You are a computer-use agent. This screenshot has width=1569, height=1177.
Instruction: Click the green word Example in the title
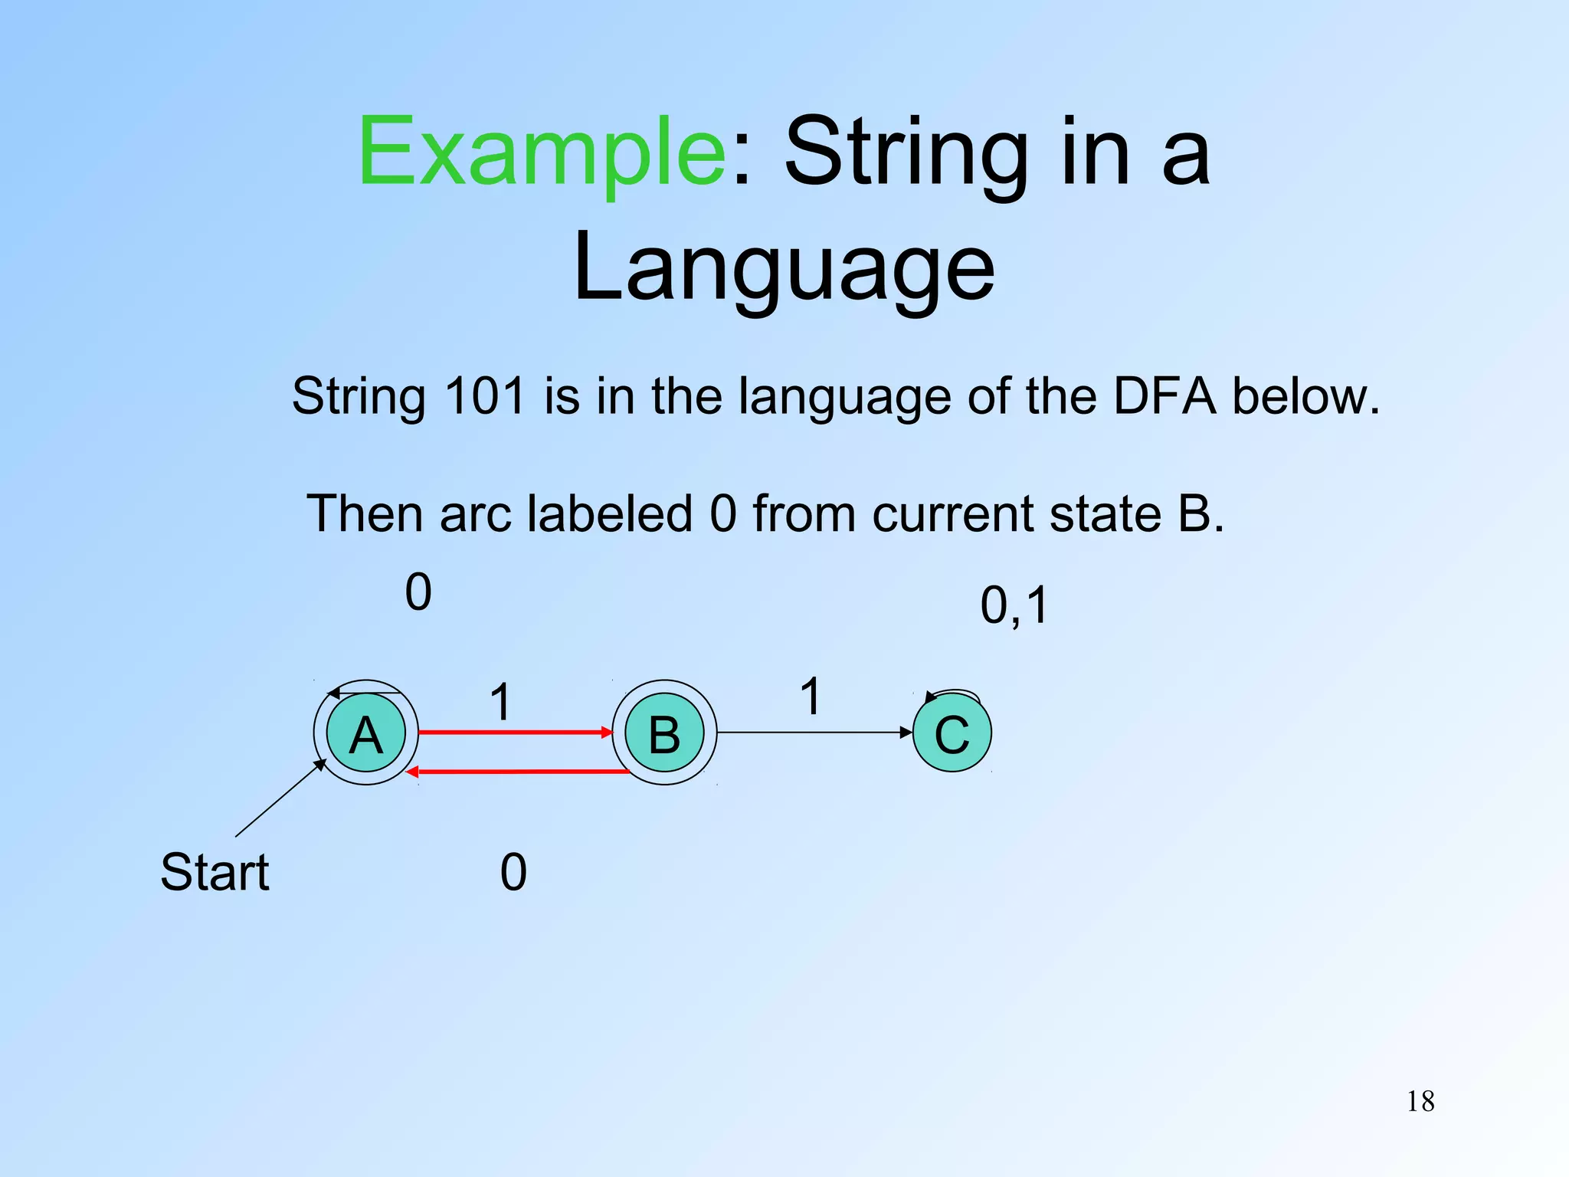541,152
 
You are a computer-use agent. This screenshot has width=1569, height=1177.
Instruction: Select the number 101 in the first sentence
484,396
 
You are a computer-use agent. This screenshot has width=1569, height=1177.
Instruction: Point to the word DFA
1164,396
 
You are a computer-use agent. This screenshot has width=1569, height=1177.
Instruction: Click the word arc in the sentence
475,513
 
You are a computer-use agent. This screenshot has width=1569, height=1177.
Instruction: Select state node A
366,733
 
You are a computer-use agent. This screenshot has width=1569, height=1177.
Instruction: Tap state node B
664,733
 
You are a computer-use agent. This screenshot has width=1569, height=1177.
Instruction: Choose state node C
952,733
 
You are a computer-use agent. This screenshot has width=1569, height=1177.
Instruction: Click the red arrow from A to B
515,733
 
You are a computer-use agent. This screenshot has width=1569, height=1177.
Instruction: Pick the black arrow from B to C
812,733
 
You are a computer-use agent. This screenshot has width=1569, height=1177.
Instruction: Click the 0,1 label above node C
1014,605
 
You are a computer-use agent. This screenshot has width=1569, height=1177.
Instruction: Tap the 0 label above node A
418,592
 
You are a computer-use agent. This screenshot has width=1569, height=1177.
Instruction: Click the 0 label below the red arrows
513,872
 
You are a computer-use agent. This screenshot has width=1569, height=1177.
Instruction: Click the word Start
215,872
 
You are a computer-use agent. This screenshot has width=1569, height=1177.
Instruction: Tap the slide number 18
1420,1102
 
